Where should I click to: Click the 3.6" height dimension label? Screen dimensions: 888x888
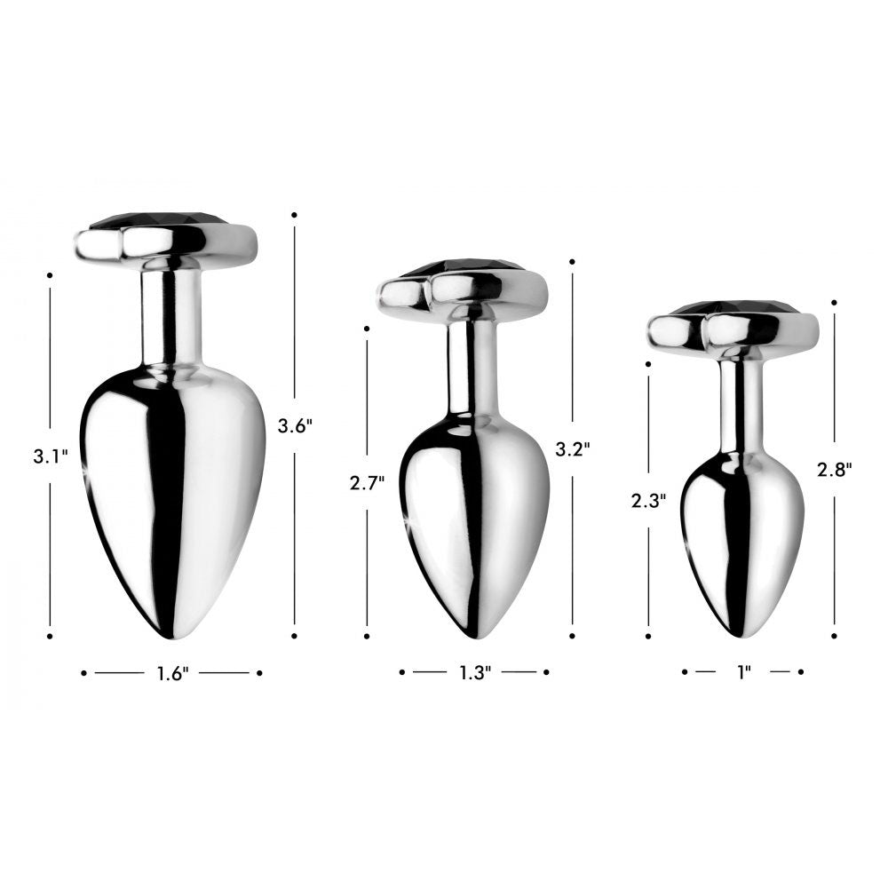click(x=295, y=425)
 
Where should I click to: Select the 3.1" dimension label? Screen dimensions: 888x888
click(x=51, y=457)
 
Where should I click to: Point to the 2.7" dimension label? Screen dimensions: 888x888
click(x=367, y=483)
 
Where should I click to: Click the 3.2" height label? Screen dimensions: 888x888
click(x=573, y=448)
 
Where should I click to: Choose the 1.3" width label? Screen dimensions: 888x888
click(x=475, y=673)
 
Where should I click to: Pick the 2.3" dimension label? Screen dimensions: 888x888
click(x=648, y=500)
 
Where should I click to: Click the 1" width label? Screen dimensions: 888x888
click(x=743, y=673)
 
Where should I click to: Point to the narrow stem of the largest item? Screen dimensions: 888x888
click(x=172, y=315)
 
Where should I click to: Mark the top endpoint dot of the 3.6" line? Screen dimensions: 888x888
click(x=294, y=214)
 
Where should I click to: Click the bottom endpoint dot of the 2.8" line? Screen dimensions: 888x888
click(x=835, y=636)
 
